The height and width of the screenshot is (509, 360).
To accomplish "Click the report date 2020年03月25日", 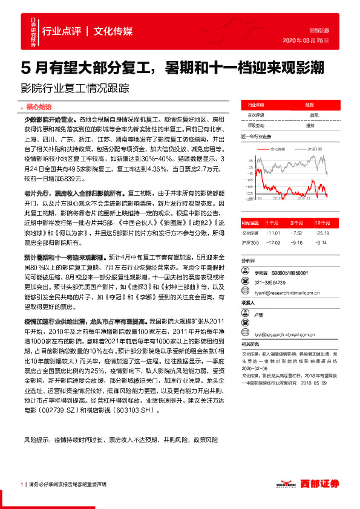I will click(x=306, y=40).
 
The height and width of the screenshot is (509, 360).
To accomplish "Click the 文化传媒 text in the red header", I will click(x=114, y=31).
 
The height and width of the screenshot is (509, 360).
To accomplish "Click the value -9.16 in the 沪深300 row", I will click(x=296, y=242).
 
